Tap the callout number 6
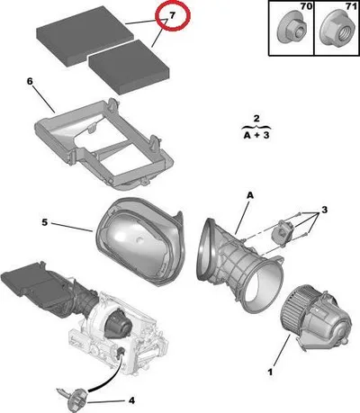pyautogui.click(x=30, y=82)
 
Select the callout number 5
pyautogui.click(x=44, y=222)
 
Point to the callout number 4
pyautogui.click(x=131, y=400)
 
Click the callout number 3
pyautogui.click(x=324, y=210)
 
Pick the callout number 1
pyautogui.click(x=270, y=373)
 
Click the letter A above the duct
pyautogui.click(x=250, y=195)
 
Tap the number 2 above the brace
pyautogui.click(x=256, y=118)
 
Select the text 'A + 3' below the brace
pyautogui.click(x=256, y=135)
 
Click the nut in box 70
pyautogui.click(x=292, y=30)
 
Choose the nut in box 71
pyautogui.click(x=336, y=31)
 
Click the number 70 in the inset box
pyautogui.click(x=306, y=6)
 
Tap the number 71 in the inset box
pyautogui.click(x=351, y=6)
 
